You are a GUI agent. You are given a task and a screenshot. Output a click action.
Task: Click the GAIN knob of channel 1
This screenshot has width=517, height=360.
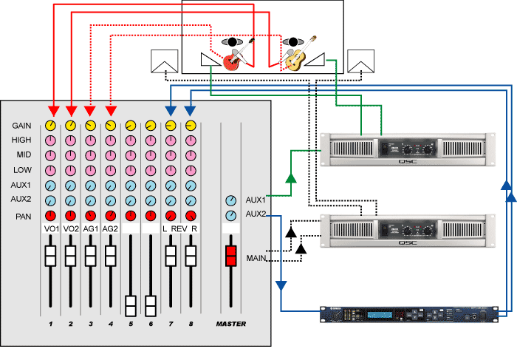pyautogui.click(x=50, y=126)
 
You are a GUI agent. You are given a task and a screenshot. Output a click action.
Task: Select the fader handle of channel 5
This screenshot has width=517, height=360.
pyautogui.click(x=130, y=305)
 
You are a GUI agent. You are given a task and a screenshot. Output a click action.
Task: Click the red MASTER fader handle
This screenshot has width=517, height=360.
pyautogui.click(x=231, y=256)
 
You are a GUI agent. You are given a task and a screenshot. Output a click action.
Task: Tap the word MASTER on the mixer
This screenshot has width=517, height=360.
pyautogui.click(x=231, y=324)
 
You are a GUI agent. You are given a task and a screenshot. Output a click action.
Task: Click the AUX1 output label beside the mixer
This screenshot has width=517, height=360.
pyautogui.click(x=256, y=200)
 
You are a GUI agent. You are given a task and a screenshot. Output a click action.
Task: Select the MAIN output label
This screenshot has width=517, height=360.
pyautogui.click(x=256, y=257)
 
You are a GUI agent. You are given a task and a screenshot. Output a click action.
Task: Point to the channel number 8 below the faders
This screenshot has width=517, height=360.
pyautogui.click(x=191, y=324)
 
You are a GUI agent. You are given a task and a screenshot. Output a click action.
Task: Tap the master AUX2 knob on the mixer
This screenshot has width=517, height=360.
pyautogui.click(x=231, y=216)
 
